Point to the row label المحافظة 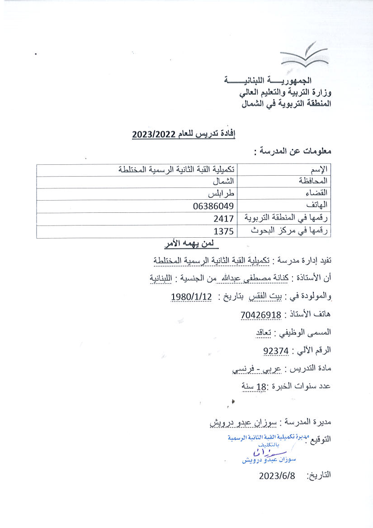click(315, 181)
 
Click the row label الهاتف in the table click(321, 206)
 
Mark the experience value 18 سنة click(254, 386)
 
